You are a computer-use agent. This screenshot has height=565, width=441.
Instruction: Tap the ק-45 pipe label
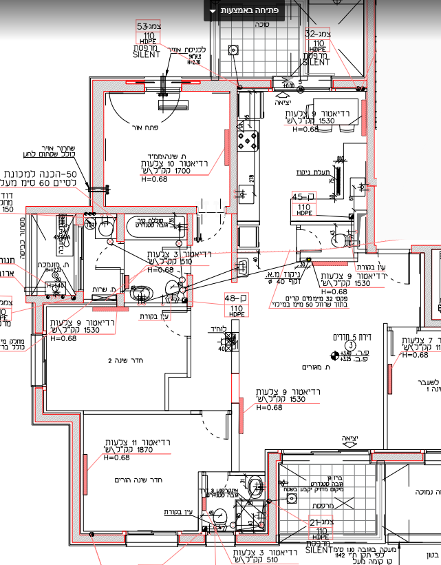point(303,196)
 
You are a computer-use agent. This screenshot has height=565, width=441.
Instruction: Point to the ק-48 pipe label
point(236,298)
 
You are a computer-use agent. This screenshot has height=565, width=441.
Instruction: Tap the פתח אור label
point(146,127)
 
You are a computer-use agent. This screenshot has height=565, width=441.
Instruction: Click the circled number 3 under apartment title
point(349,345)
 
